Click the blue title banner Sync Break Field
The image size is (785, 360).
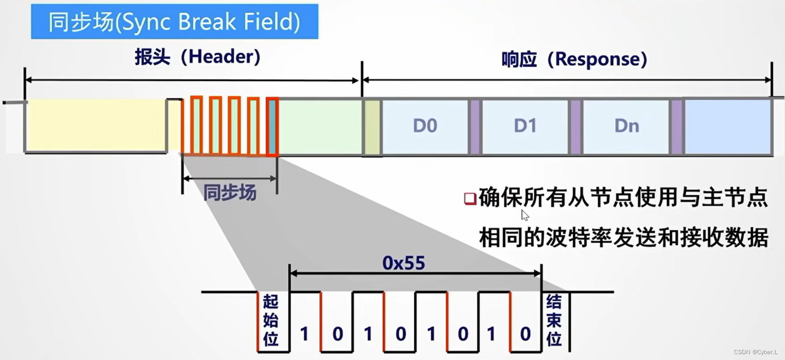pos(174,22)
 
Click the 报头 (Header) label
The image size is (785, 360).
pos(197,57)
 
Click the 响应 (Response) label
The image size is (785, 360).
pos(574,59)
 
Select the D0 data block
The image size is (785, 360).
pos(425,126)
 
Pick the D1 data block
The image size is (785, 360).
pos(525,126)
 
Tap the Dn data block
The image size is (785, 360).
pos(627,126)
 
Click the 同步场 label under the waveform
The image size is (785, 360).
pos(229,192)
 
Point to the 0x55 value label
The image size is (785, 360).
pos(404,263)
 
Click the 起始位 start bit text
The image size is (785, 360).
pos(271,320)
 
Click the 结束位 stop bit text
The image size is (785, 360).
pos(554,320)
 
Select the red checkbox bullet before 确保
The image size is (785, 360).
pos(470,198)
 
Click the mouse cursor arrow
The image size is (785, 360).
pos(525,215)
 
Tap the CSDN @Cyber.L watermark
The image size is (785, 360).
pos(755,352)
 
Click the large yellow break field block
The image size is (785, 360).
pos(96,126)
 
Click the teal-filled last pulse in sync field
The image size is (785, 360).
pos(273,126)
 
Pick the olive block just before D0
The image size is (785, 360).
pos(373,127)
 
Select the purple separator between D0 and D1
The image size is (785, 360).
pos(475,127)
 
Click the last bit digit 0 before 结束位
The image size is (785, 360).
pos(525,334)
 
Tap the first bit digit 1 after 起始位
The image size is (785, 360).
pos(305,334)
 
